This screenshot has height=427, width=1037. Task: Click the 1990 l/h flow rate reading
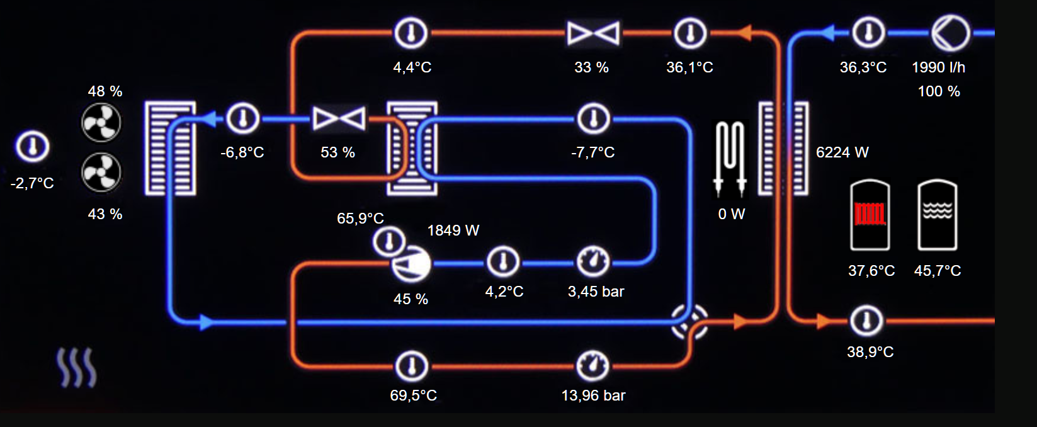pos(938,67)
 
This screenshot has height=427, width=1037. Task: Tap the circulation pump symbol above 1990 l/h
pos(950,32)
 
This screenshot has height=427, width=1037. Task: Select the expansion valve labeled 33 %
pos(593,33)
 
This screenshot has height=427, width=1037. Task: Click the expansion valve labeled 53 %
pos(339,118)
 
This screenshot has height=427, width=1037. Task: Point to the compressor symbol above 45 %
pos(411,265)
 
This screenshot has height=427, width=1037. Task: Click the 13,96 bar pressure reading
pos(593,396)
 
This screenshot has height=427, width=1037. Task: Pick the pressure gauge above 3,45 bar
pos(593,262)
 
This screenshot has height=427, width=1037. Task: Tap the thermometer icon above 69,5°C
pos(412,366)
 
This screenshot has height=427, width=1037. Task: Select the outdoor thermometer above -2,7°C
pos(32,147)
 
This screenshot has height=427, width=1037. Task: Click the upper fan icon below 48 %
pos(101,122)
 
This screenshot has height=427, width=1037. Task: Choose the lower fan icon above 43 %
pos(101,173)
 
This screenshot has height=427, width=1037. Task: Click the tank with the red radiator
pos(870,215)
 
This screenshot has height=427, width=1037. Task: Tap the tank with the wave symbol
pos(937,215)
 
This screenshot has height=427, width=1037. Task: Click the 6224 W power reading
pos(842,152)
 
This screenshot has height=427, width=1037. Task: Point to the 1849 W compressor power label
pos(453,231)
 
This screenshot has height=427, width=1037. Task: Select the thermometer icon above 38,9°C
pos(867,321)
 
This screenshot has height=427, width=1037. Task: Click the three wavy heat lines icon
pos(77,368)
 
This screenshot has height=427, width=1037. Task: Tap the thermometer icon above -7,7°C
pos(593,118)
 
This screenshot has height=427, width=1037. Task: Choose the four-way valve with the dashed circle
pos(689,322)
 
